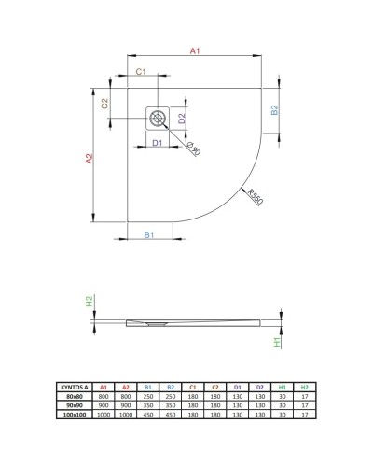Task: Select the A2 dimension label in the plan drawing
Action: (x=90, y=160)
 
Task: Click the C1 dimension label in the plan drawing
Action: (x=140, y=71)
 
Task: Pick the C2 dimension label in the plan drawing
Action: (x=105, y=103)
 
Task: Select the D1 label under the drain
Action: (x=158, y=142)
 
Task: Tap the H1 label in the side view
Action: (x=277, y=342)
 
